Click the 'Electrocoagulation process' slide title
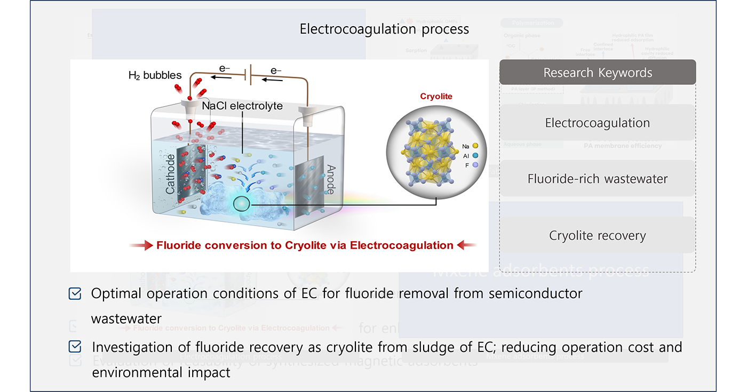(x=384, y=29)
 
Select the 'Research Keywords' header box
(x=598, y=73)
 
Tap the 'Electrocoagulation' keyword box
(x=597, y=123)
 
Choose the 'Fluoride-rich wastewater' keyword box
(x=597, y=179)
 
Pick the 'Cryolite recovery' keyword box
(x=597, y=235)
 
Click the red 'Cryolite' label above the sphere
(x=436, y=97)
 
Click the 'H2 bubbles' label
(x=155, y=75)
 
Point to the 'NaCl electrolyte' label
(x=242, y=106)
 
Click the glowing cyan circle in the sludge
(x=242, y=204)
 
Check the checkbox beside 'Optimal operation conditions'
(x=75, y=293)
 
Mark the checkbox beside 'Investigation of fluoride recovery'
(x=75, y=347)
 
